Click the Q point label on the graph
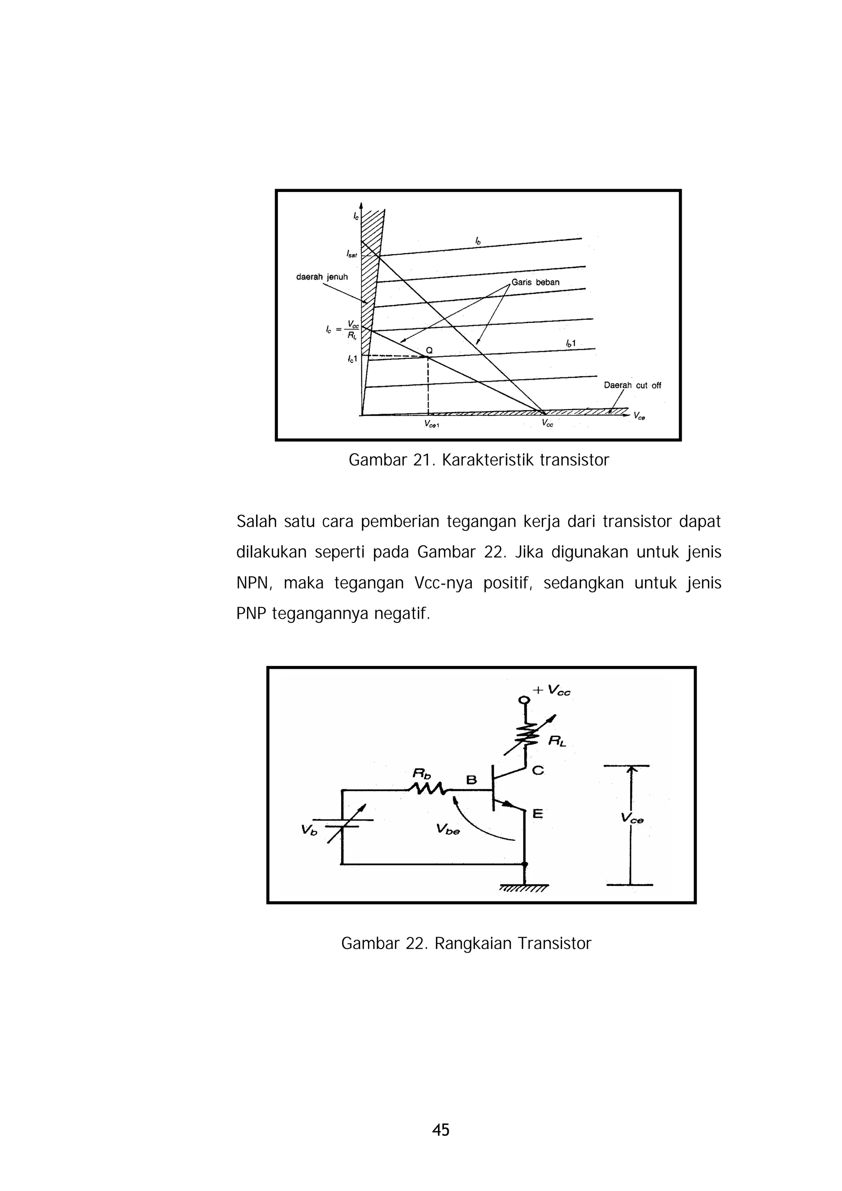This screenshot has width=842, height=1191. coord(429,350)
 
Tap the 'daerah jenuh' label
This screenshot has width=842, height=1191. coord(322,277)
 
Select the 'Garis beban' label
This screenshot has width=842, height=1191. coord(535,282)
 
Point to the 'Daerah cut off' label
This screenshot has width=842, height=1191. coord(632,385)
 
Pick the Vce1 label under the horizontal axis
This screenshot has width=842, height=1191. coord(432,424)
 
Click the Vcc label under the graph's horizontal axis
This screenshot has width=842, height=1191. coord(547,423)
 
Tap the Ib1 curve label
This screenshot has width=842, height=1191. coord(571,343)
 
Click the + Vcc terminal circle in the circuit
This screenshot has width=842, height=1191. coord(525,700)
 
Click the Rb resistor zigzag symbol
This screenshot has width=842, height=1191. coord(427,789)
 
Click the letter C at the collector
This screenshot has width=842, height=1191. coord(538,771)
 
